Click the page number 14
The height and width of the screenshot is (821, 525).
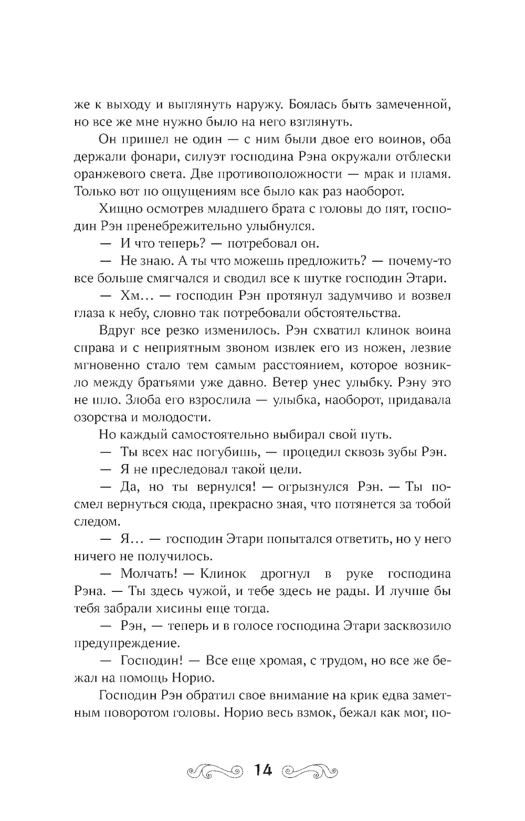click(x=263, y=771)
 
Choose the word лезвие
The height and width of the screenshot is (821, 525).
click(x=428, y=347)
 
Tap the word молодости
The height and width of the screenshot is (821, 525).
click(x=175, y=417)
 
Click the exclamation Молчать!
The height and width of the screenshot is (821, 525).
click(x=147, y=573)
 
